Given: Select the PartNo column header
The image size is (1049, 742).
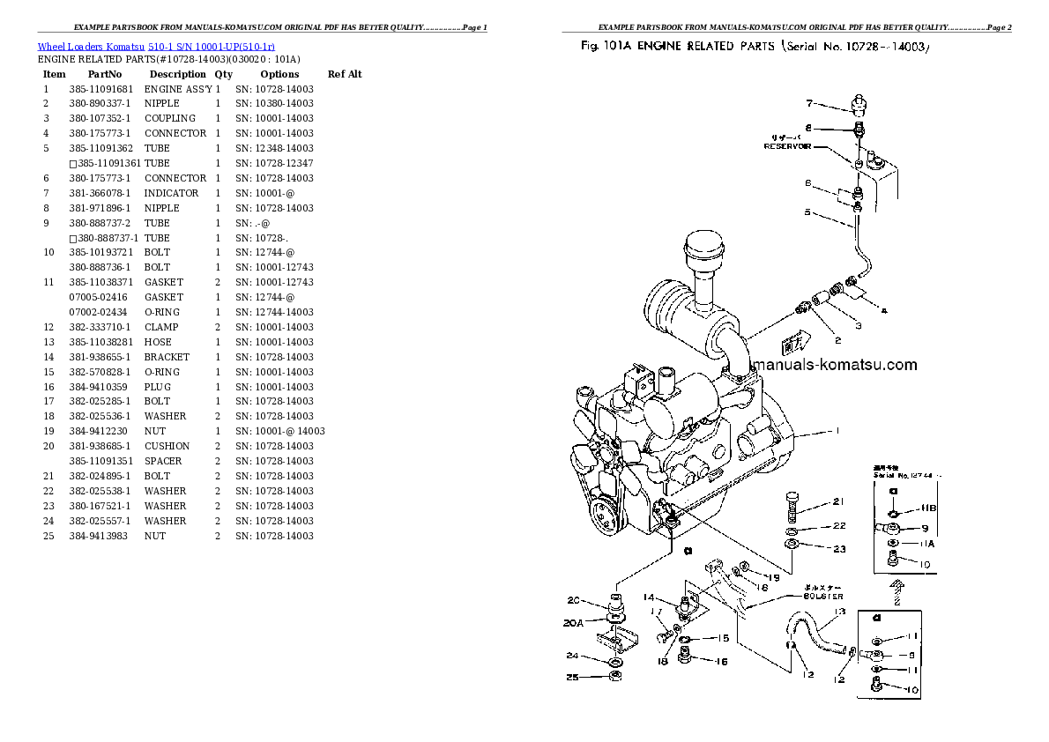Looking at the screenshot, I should point(104,74).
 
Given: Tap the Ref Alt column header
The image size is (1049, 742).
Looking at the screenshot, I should point(345,74).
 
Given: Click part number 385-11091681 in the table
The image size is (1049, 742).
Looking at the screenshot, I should point(101,89).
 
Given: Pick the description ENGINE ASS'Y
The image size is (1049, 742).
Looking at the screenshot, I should point(178,89).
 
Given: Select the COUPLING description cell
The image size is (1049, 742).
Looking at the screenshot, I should point(170,118).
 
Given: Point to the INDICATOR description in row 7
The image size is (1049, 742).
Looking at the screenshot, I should point(172,193).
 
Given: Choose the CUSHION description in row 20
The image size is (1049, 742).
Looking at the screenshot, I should point(167,446).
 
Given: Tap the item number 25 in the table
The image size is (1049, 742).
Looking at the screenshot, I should point(49,536).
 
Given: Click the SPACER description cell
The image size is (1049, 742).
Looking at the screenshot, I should point(163,461).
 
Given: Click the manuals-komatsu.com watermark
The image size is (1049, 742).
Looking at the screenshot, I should point(832,365).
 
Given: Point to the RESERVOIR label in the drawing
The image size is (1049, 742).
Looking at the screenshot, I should point(787,147).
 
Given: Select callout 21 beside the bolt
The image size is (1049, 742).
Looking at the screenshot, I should point(837,502).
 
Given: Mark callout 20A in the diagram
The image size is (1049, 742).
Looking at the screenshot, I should point(574,622).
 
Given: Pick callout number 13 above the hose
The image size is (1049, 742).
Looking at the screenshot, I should point(839,611).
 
